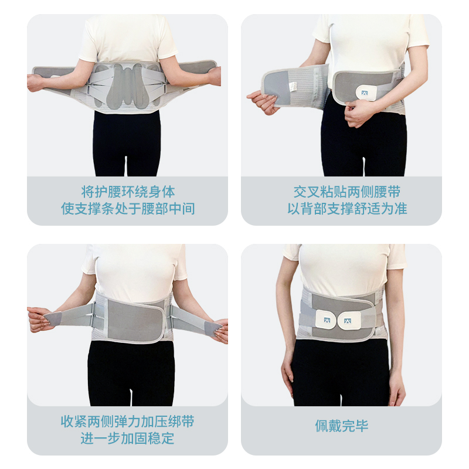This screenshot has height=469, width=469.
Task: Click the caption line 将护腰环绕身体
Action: click(128, 192)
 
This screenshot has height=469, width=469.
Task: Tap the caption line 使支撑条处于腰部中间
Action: click(128, 209)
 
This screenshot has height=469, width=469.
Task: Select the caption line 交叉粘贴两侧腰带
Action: click(347, 192)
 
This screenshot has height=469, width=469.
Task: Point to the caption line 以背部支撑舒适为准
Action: click(347, 209)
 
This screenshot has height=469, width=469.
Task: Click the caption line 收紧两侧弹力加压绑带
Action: click(128, 422)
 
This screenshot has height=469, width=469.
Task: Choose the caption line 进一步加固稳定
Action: click(128, 439)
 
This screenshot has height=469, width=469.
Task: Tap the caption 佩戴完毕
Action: click(342, 426)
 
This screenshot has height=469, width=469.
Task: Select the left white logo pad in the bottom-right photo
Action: click(327, 319)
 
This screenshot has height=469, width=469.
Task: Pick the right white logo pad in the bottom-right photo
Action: click(349, 321)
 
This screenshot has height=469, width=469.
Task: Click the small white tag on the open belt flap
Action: click(294, 86)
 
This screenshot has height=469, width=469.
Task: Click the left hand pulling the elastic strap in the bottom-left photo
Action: click(39, 319)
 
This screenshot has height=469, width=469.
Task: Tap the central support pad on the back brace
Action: click(128, 87)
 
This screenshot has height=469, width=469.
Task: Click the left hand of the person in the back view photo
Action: click(36, 82)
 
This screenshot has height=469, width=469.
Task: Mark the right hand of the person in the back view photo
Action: click(215, 76)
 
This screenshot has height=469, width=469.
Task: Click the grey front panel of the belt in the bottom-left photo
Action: click(135, 321)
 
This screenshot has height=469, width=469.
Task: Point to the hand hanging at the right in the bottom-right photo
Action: click(397, 388)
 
